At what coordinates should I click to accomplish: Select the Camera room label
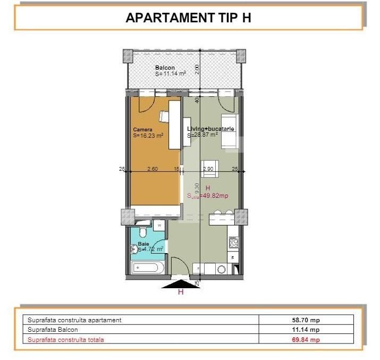(x=143, y=130)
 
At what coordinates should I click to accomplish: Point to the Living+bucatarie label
(x=211, y=129)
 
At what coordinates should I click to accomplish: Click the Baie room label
(x=143, y=245)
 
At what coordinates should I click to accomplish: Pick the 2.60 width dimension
(x=152, y=169)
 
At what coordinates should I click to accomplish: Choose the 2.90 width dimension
(x=208, y=169)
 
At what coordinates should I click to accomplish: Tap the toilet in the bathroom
(x=140, y=234)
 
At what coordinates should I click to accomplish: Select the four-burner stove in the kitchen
(x=233, y=243)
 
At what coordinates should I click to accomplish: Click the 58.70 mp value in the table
(x=306, y=320)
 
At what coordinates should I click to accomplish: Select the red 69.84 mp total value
(x=306, y=340)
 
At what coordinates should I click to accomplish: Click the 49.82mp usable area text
(x=212, y=196)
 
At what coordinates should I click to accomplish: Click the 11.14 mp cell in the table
(x=306, y=330)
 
